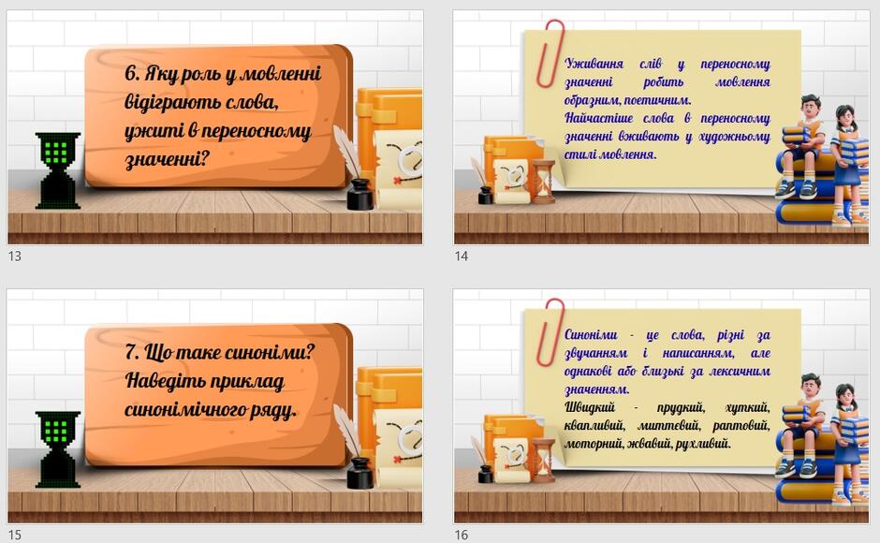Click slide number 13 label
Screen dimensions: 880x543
[15, 257]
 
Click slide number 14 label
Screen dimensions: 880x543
[462, 257]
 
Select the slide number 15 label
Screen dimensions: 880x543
[15, 535]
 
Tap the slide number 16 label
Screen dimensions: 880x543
[462, 535]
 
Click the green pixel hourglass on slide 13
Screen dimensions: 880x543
[58, 170]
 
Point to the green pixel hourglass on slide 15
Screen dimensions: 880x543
[58, 449]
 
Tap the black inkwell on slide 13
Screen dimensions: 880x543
[359, 195]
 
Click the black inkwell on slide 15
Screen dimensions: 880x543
[359, 473]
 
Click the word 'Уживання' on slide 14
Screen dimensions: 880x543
[594, 64]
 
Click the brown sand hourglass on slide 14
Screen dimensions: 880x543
[543, 181]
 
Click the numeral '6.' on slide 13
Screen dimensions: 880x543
[132, 73]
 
